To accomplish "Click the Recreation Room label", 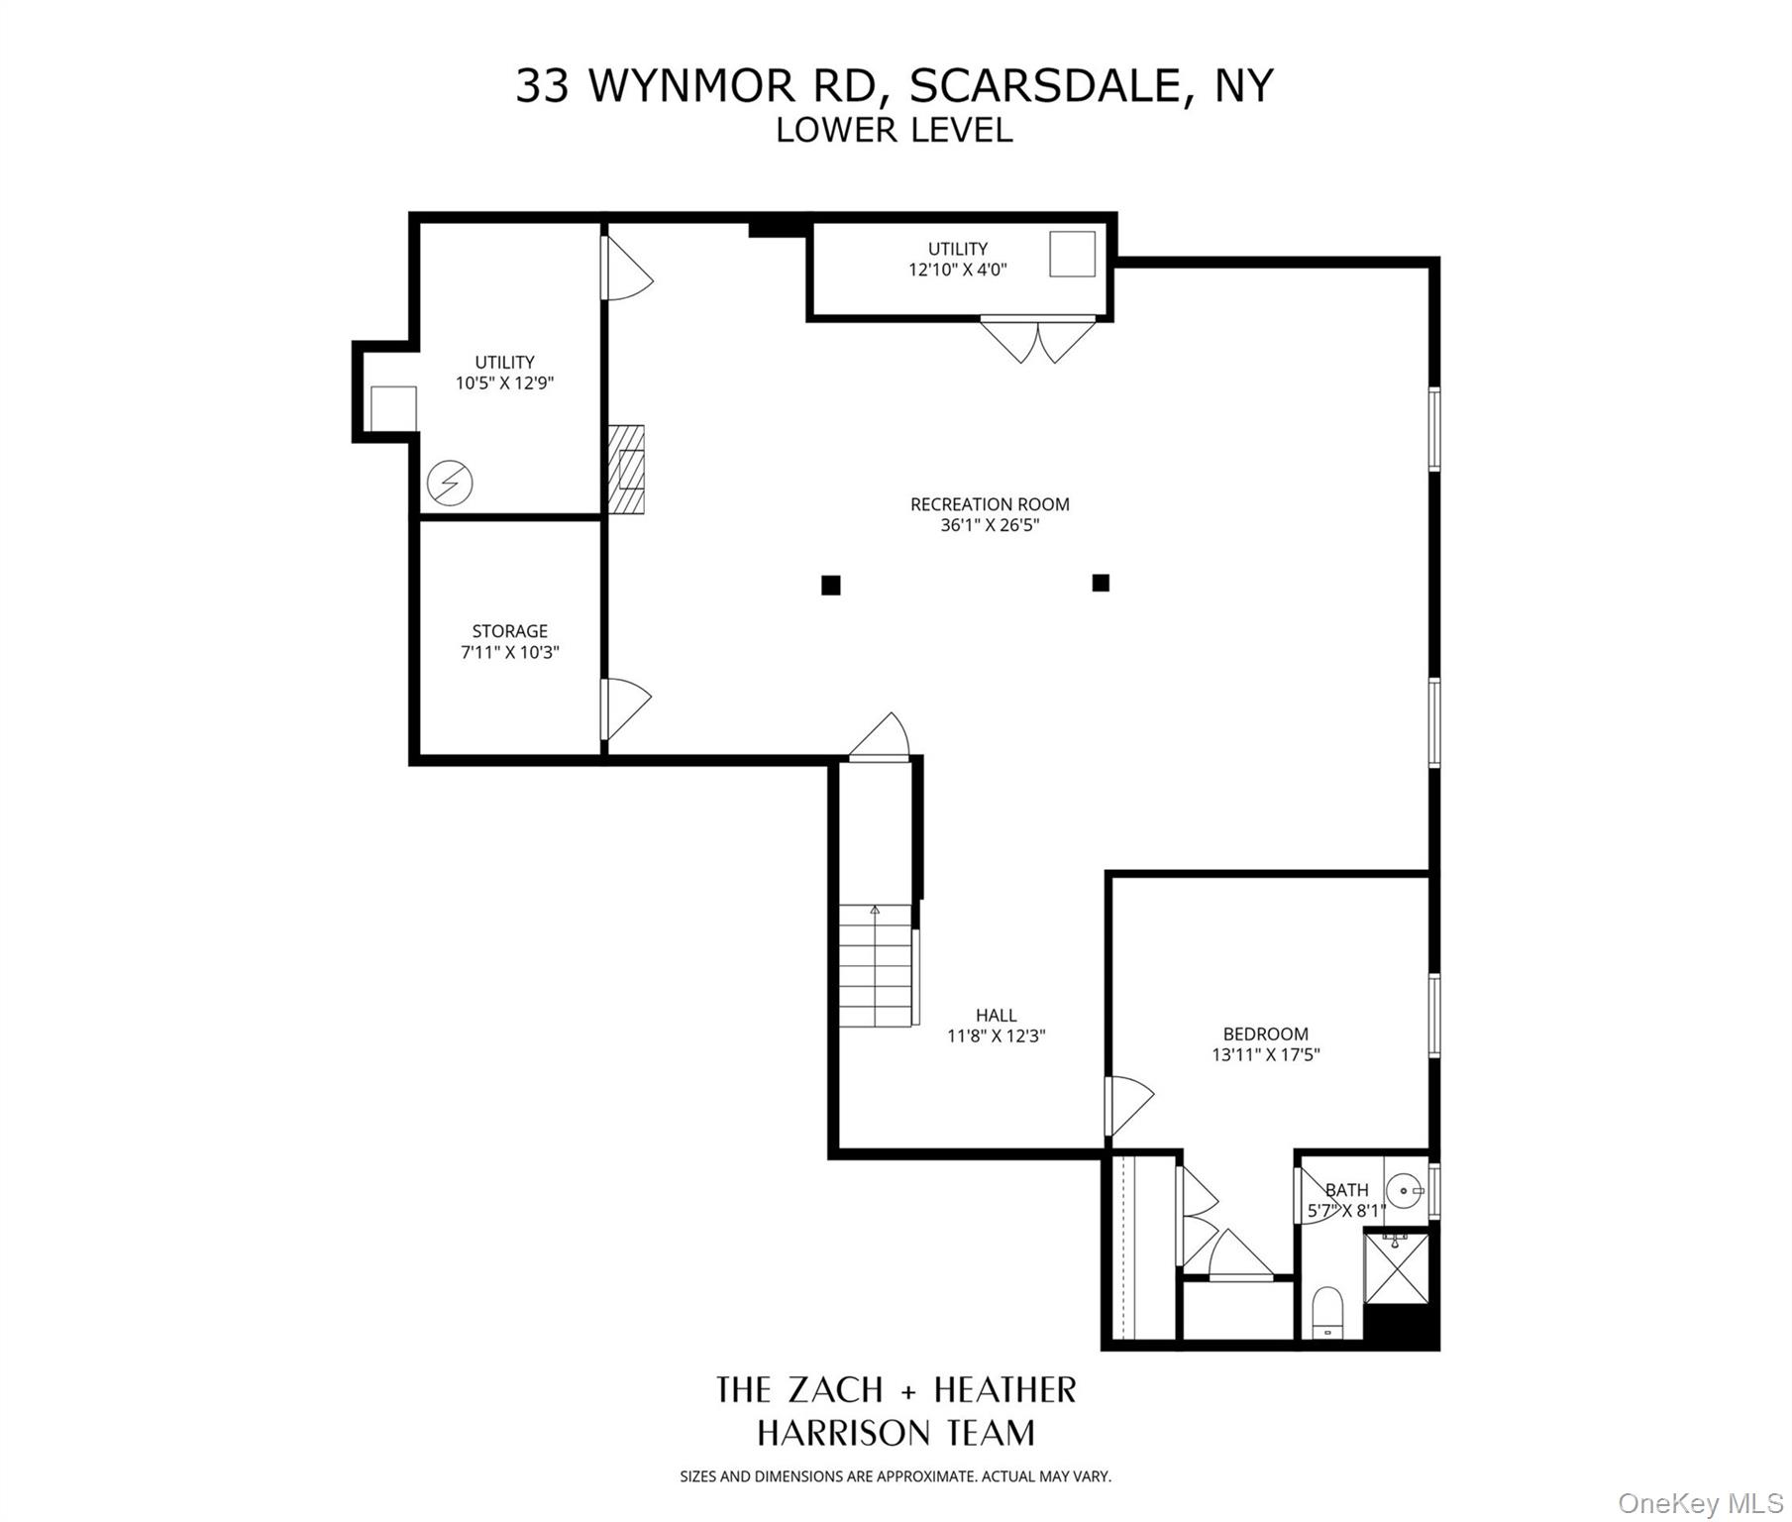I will (989, 504).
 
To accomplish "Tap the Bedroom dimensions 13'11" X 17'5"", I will (1265, 1055).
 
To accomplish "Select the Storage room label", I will (509, 631).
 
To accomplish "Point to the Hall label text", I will (996, 1015).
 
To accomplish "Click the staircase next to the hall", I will (875, 966).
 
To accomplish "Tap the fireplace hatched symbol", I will (626, 470).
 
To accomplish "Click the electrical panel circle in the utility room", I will (449, 484).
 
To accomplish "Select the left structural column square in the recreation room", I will (831, 586).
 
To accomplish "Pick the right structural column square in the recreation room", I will (1101, 583).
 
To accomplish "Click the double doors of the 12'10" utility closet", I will (1037, 339).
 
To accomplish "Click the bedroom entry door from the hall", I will (1128, 1106).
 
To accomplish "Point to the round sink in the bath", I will (1403, 1188).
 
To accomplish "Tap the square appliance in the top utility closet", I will (1073, 254).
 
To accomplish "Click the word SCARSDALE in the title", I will (1043, 86).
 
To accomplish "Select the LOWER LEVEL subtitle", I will (894, 131).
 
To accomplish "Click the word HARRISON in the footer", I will (843, 1433).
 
